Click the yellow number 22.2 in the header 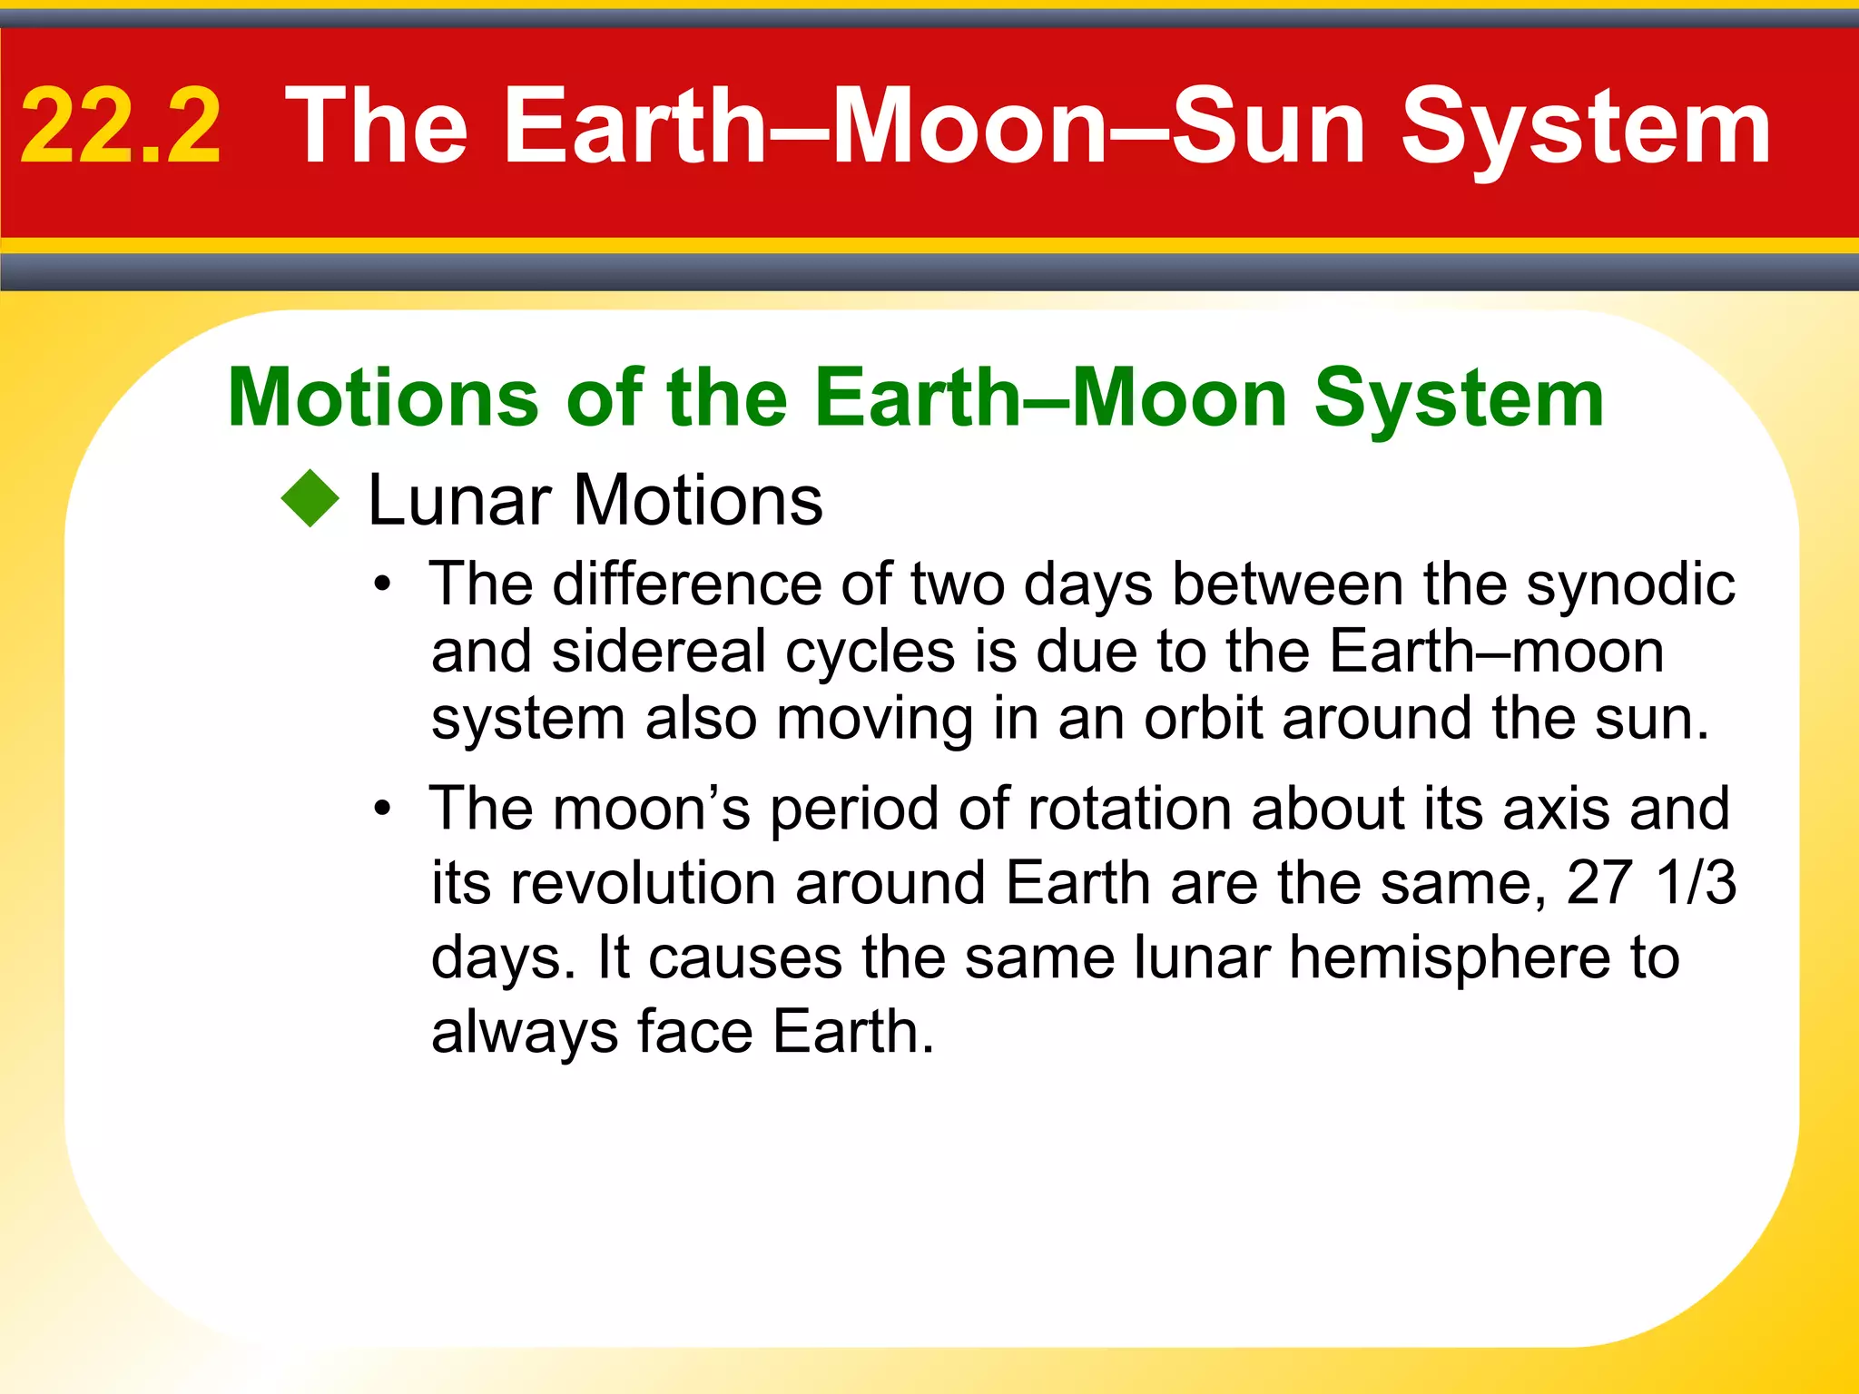(x=121, y=126)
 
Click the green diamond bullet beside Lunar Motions (x=310, y=498)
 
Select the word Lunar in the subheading (x=459, y=500)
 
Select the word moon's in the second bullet (x=652, y=808)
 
